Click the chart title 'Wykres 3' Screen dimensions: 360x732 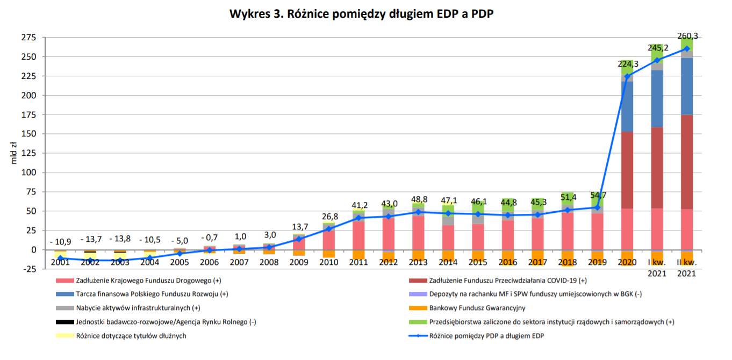coord(361,15)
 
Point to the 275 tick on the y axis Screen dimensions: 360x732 coord(29,38)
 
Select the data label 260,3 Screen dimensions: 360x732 coord(688,37)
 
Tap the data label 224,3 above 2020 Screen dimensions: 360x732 coord(628,64)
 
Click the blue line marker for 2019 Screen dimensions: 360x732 coord(598,207)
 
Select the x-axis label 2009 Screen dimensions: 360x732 coord(299,262)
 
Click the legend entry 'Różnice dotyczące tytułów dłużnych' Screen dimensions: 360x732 coord(132,336)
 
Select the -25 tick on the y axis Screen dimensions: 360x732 coord(28,269)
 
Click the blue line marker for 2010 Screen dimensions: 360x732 coord(329,229)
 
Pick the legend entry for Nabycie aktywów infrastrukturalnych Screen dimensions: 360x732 coord(139,308)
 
